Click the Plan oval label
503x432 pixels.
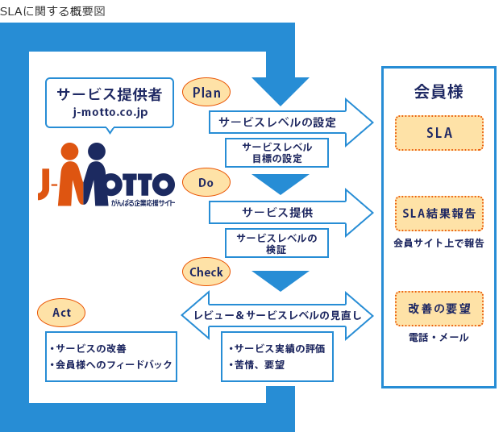pyautogui.click(x=206, y=93)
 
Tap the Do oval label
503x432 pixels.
pyautogui.click(x=206, y=183)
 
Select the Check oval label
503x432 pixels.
pyautogui.click(x=206, y=272)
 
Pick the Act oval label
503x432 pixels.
pyautogui.click(x=61, y=312)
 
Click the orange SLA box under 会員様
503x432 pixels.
pyautogui.click(x=439, y=133)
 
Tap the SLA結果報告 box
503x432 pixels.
pyautogui.click(x=439, y=214)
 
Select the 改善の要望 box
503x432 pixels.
pyautogui.click(x=439, y=309)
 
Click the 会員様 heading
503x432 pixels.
pyautogui.click(x=438, y=91)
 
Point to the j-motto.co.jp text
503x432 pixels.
pyautogui.click(x=110, y=113)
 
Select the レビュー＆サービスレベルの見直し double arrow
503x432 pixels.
pyautogui.click(x=277, y=315)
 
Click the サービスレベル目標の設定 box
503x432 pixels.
pyautogui.click(x=276, y=152)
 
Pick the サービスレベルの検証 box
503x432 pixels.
pyautogui.click(x=276, y=243)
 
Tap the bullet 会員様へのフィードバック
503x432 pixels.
pyautogui.click(x=110, y=364)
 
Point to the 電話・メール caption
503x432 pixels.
pyautogui.click(x=439, y=338)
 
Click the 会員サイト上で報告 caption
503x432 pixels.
pyautogui.click(x=439, y=243)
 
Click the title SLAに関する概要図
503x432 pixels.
pyautogui.click(x=52, y=10)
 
